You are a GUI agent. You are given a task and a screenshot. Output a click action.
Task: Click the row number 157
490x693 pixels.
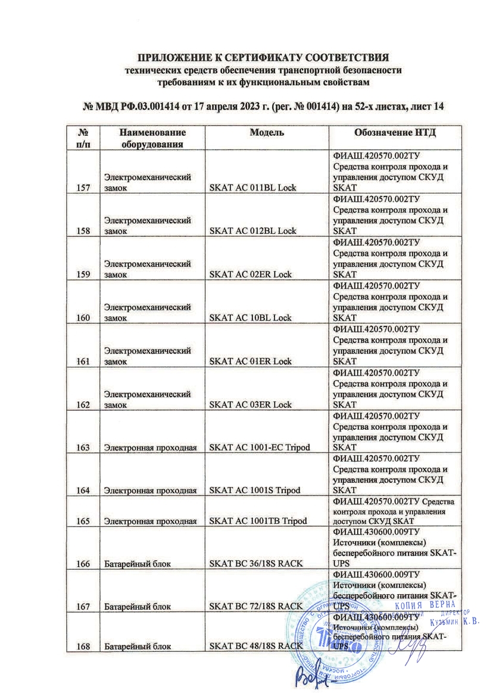pos(83,188)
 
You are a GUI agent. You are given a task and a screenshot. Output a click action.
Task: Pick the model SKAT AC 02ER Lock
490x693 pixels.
pos(251,274)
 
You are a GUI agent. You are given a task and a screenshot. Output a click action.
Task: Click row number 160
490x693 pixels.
pos(83,318)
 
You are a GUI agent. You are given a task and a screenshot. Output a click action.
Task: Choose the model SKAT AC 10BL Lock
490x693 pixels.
pos(251,318)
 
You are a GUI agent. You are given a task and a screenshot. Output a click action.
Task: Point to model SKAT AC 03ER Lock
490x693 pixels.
pos(251,405)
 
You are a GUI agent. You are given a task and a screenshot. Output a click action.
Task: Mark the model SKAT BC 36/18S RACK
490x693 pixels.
pos(257,564)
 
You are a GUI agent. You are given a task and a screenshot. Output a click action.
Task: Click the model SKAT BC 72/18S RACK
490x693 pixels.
pos(257,607)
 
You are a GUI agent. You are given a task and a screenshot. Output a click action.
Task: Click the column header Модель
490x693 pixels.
pos(263,133)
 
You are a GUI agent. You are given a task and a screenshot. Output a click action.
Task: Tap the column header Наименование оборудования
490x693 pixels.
pos(152,138)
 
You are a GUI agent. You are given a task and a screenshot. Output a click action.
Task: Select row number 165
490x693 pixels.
pos(83,522)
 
